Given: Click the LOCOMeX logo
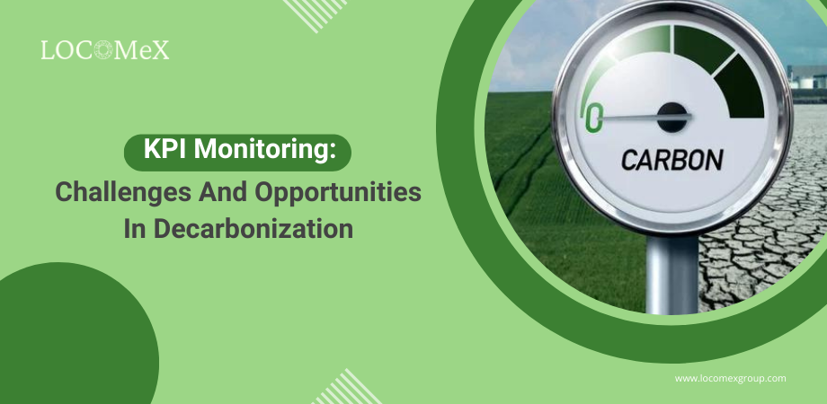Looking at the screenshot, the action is (105, 50).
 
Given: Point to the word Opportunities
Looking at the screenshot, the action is (338, 193).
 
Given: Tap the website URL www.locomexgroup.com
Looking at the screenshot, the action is (731, 378).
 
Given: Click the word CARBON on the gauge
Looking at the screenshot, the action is (671, 160).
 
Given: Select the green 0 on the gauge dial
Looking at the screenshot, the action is (593, 118).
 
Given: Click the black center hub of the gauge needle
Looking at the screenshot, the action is (672, 115).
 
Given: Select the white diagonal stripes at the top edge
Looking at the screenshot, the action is (316, 13).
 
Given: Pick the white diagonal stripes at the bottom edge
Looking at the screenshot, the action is (347, 388).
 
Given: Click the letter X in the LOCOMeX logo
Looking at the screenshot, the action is (161, 50).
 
